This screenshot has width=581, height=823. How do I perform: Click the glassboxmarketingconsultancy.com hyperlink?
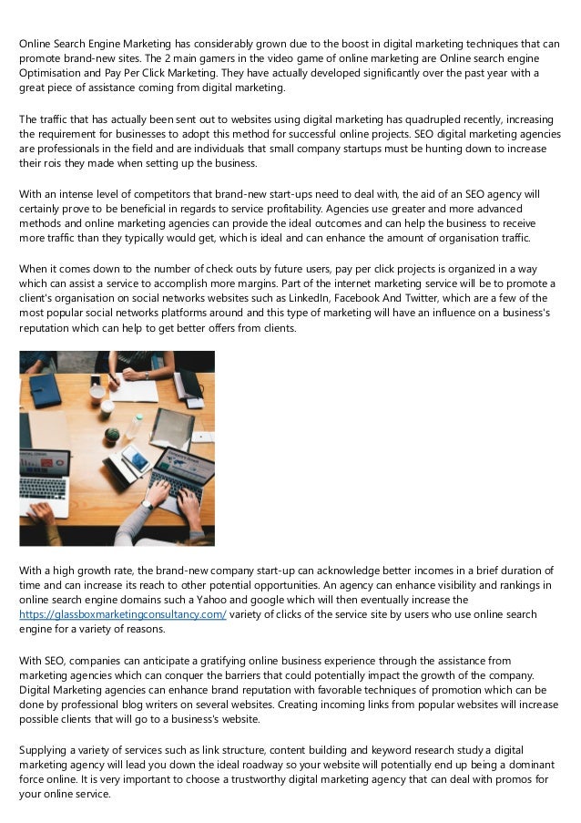pos(123,615)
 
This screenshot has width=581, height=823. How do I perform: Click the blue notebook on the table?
pos(45,391)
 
